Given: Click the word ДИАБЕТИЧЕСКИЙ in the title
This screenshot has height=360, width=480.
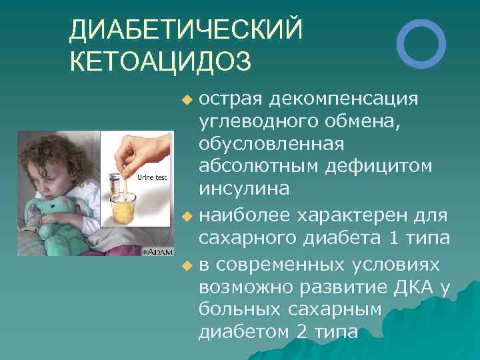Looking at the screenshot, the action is pyautogui.click(x=186, y=29).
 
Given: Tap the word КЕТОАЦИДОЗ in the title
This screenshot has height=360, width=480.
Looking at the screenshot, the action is pyautogui.click(x=161, y=61).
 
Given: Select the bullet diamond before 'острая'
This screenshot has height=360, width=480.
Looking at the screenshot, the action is pyautogui.click(x=187, y=100).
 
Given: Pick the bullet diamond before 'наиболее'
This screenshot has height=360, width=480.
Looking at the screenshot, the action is pyautogui.click(x=187, y=217).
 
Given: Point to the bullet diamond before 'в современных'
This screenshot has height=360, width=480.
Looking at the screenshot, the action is pyautogui.click(x=187, y=266).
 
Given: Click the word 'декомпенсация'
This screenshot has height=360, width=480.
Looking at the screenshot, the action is pyautogui.click(x=343, y=99).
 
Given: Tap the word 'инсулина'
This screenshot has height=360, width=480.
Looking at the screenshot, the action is pyautogui.click(x=244, y=189).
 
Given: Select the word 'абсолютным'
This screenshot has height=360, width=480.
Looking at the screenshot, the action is pyautogui.click(x=259, y=165).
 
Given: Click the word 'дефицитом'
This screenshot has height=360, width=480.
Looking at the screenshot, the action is pyautogui.click(x=379, y=167).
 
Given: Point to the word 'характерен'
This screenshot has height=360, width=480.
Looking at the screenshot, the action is pyautogui.click(x=351, y=216).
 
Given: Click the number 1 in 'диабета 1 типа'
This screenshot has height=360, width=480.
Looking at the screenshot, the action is pyautogui.click(x=394, y=238).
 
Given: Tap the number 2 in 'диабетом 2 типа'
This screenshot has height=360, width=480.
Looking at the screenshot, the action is pyautogui.click(x=301, y=331).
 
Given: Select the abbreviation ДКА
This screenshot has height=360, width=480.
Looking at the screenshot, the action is pyautogui.click(x=413, y=287).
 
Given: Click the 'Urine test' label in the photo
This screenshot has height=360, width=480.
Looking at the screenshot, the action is pyautogui.click(x=152, y=177).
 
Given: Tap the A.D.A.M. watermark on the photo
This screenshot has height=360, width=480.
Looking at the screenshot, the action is pyautogui.click(x=158, y=252).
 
